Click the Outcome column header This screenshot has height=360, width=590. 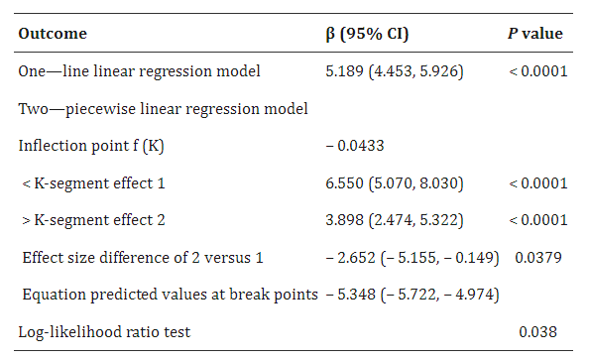pyautogui.click(x=53, y=34)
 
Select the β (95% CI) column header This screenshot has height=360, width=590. pyautogui.click(x=367, y=34)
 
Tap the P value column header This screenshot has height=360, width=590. pyautogui.click(x=535, y=34)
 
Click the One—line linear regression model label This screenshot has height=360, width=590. pyautogui.click(x=139, y=71)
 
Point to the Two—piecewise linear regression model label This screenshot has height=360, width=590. pyautogui.click(x=163, y=109)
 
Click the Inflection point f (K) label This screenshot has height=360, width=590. pyautogui.click(x=91, y=146)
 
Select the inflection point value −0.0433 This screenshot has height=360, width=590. pyautogui.click(x=355, y=146)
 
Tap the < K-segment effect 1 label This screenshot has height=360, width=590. pyautogui.click(x=93, y=183)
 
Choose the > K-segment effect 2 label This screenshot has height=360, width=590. pyautogui.click(x=93, y=220)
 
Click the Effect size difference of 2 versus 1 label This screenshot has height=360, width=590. pyautogui.click(x=143, y=258)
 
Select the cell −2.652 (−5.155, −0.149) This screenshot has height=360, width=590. pyautogui.click(x=413, y=258)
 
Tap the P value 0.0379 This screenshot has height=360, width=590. pyautogui.click(x=538, y=258)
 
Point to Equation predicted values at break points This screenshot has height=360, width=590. pyautogui.click(x=171, y=295)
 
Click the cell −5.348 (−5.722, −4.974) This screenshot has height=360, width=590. pyautogui.click(x=413, y=295)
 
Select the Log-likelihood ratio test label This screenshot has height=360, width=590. pyautogui.click(x=104, y=332)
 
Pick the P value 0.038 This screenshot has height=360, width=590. pyautogui.click(x=537, y=332)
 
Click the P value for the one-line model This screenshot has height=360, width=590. pyautogui.click(x=538, y=71)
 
